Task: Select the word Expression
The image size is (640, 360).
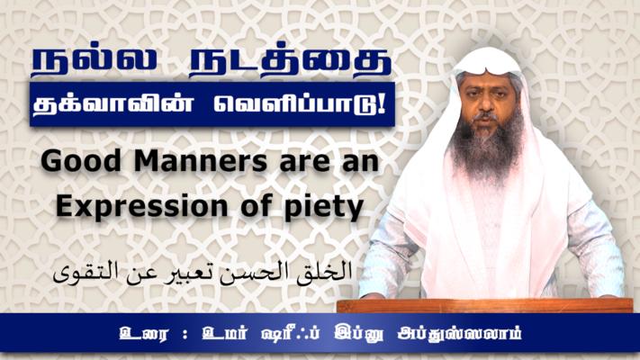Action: (141, 207)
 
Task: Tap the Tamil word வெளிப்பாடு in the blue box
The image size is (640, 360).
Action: (300, 104)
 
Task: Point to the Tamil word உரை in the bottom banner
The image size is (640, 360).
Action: (143, 334)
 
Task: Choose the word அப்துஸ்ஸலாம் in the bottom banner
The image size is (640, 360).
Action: (460, 334)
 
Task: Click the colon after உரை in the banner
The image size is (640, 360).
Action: (185, 335)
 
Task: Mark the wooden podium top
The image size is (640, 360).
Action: (485, 305)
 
